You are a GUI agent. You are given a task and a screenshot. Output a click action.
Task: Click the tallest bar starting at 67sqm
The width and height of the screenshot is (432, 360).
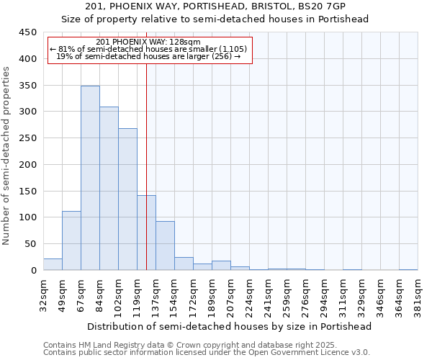tap(90, 178)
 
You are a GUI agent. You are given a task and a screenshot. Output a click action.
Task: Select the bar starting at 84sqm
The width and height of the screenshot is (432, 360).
tap(109, 189)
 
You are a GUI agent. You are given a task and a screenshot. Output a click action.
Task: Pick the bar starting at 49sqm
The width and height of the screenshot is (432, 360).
tap(71, 240)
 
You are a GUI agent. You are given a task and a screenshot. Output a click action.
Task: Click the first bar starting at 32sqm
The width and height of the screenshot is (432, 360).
tap(53, 264)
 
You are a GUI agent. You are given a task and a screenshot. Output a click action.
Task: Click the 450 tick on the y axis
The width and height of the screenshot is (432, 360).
tap(28, 32)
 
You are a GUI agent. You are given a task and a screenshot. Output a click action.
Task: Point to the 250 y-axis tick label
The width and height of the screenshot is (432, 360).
tap(28, 138)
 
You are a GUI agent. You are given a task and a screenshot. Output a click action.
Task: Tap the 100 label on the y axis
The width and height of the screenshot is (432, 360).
tap(28, 217)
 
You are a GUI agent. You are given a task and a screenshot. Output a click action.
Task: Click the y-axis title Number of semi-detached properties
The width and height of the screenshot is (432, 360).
tap(7, 155)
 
